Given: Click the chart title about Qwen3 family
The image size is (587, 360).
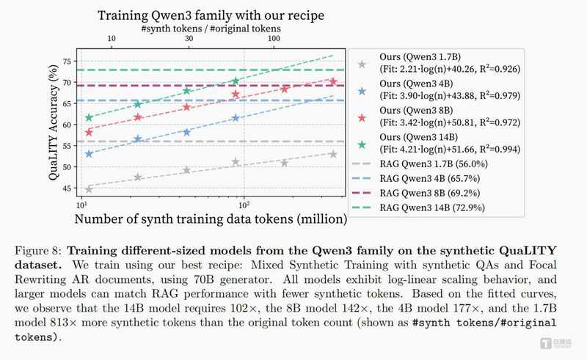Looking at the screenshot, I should [211, 15].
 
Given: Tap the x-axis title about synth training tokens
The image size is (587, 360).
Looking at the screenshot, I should [211, 218].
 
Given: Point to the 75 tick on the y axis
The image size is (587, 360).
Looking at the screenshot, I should [67, 61].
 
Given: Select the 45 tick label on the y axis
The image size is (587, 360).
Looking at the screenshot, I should [67, 188].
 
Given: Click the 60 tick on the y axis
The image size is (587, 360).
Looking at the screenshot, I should [67, 125].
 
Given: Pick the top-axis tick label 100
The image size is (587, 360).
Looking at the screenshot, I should [274, 38].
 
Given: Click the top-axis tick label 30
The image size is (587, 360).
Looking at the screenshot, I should [189, 38].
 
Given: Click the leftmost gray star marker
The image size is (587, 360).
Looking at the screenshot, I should [89, 188].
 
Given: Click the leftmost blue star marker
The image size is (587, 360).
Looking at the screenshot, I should [89, 154].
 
